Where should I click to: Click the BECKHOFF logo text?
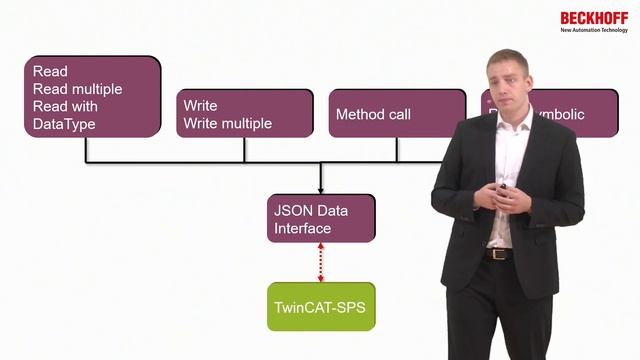(x=594, y=18)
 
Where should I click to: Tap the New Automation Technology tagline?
(x=594, y=31)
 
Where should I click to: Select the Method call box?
(x=397, y=114)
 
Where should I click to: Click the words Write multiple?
(x=227, y=124)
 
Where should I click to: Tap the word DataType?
(x=64, y=124)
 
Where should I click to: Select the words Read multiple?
(x=77, y=89)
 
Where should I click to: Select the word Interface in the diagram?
(x=303, y=229)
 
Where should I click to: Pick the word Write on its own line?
(x=200, y=105)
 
